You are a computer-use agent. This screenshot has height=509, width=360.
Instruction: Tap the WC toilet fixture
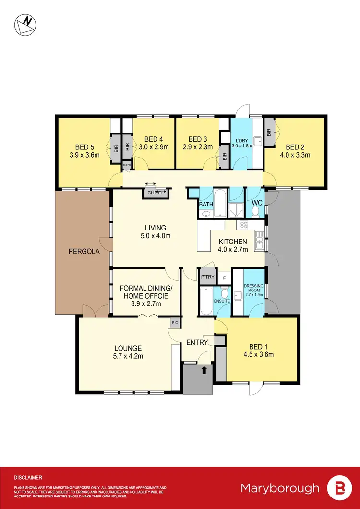[x=255, y=212]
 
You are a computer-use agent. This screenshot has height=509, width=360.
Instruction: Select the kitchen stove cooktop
[x=243, y=225]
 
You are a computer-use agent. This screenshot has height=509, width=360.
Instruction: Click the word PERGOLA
[x=84, y=251]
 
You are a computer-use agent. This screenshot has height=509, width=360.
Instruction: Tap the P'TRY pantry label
[x=207, y=277]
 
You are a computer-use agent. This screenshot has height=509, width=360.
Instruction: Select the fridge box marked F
[x=224, y=278]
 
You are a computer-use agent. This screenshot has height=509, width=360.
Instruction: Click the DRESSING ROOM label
[x=252, y=289]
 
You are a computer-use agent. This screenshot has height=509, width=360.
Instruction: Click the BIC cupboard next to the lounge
[x=174, y=323]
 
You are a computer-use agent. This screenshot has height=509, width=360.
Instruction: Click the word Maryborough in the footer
[x=280, y=488]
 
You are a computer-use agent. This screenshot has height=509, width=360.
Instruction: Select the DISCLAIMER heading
[x=28, y=478]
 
